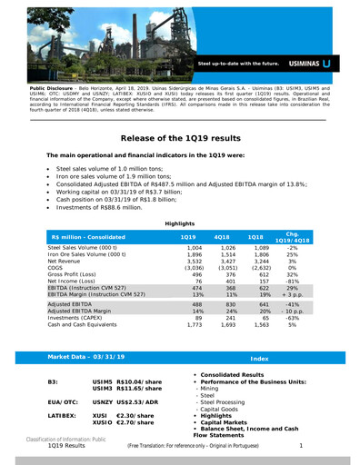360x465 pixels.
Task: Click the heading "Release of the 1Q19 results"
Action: [180, 137]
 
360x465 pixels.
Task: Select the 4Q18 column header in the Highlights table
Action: [221, 236]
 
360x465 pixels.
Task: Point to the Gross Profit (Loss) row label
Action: [79, 272]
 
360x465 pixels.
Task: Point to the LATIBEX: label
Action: [61, 416]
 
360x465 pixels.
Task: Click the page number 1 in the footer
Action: [300, 446]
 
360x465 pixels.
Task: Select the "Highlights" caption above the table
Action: [178, 223]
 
